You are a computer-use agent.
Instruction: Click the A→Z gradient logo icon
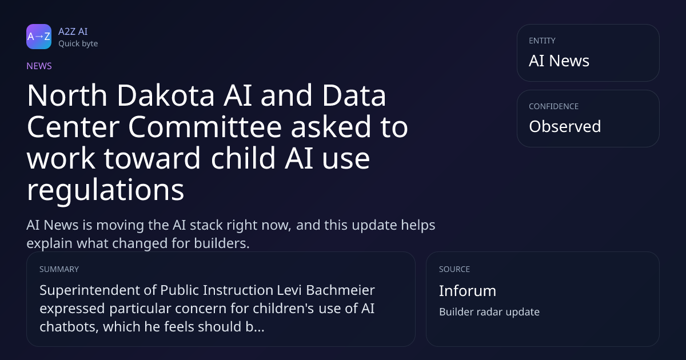coord(39,37)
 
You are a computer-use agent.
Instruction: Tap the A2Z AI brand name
coord(73,31)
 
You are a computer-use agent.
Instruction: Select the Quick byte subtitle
coord(78,44)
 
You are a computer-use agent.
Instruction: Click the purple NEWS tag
coord(39,66)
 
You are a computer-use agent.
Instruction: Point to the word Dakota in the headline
coord(166,95)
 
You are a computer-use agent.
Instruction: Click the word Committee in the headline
coord(205,127)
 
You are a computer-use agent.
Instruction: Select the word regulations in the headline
coord(106,190)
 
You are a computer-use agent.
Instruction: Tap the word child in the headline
coord(243,158)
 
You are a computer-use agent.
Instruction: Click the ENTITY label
coord(542,41)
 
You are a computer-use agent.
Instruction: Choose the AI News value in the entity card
coord(559,61)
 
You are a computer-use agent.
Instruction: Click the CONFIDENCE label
coord(554,106)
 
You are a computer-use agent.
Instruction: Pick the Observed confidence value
coord(565,126)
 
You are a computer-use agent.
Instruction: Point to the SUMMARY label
coord(59,269)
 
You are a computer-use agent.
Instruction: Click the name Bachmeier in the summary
coord(340,290)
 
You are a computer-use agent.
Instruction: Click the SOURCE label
coord(454,269)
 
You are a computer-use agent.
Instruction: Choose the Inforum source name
coord(468,291)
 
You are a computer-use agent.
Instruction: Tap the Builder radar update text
coord(489,312)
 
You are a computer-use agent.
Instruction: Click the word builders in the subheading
coord(222,243)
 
